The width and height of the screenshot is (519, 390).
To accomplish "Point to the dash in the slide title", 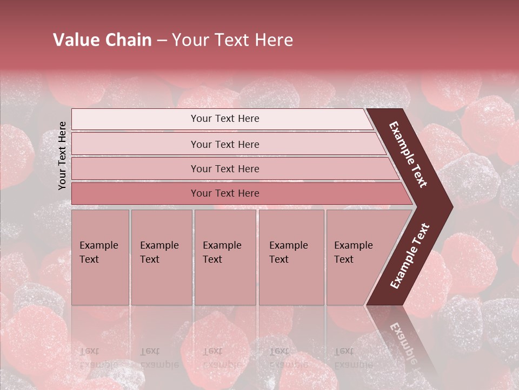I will pyautogui.click(x=162, y=41).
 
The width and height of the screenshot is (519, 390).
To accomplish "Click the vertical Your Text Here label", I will pyautogui.click(x=62, y=155).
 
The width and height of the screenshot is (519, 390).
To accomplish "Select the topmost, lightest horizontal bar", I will pyautogui.click(x=224, y=119).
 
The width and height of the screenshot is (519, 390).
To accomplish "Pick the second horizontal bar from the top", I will pyautogui.click(x=224, y=144).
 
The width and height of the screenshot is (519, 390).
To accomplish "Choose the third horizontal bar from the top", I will pyautogui.click(x=224, y=168).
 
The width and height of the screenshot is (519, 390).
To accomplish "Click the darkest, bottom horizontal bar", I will pyautogui.click(x=224, y=193).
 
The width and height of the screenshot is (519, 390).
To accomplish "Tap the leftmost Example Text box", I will pyautogui.click(x=100, y=257).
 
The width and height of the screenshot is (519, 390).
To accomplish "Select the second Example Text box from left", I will pyautogui.click(x=161, y=257).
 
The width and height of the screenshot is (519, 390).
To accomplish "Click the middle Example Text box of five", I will pyautogui.click(x=225, y=257).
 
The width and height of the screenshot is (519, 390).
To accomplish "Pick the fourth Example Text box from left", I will pyautogui.click(x=291, y=257).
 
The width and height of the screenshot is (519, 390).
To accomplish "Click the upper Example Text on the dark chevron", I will pyautogui.click(x=409, y=154).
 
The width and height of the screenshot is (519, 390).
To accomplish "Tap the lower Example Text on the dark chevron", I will pyautogui.click(x=410, y=256).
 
